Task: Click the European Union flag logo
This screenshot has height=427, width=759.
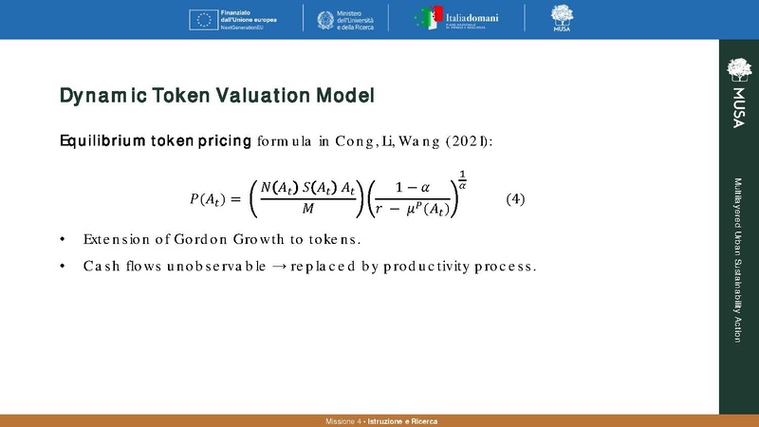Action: click(x=204, y=19)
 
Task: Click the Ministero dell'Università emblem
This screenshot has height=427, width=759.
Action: click(x=319, y=19)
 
